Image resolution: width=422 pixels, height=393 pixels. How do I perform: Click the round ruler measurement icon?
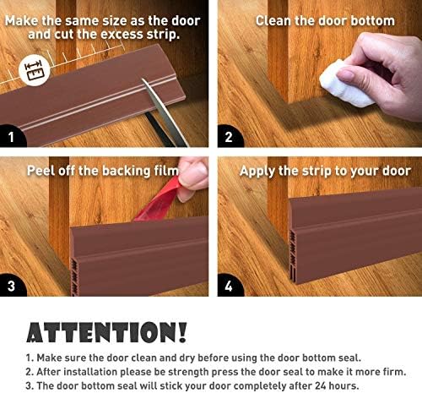(x=35, y=70)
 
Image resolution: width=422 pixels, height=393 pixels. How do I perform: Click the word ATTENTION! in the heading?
(x=106, y=332)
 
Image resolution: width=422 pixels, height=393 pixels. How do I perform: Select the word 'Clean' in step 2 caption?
(x=273, y=21)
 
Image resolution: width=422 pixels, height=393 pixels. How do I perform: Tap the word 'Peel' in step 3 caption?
(x=41, y=171)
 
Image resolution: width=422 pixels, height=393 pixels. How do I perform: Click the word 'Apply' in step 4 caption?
(x=257, y=172)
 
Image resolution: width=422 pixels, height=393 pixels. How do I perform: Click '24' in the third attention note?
(x=320, y=385)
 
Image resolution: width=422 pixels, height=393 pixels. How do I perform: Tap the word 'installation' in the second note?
(x=90, y=372)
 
